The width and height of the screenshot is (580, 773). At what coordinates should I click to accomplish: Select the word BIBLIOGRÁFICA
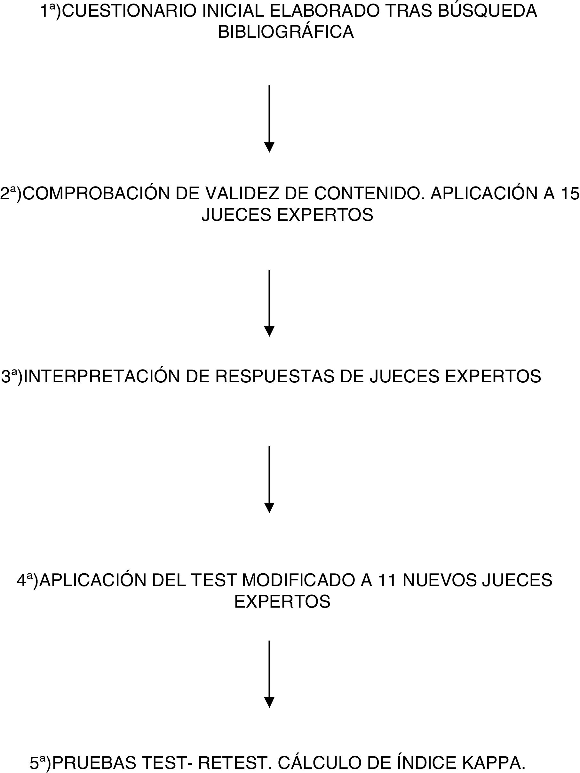pyautogui.click(x=286, y=32)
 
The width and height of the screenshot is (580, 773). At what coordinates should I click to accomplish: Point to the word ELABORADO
pyautogui.click(x=325, y=11)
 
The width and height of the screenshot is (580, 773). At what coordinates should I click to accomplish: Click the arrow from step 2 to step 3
pyautogui.click(x=269, y=303)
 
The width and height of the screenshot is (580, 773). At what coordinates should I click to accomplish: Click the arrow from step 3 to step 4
pyautogui.click(x=269, y=479)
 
